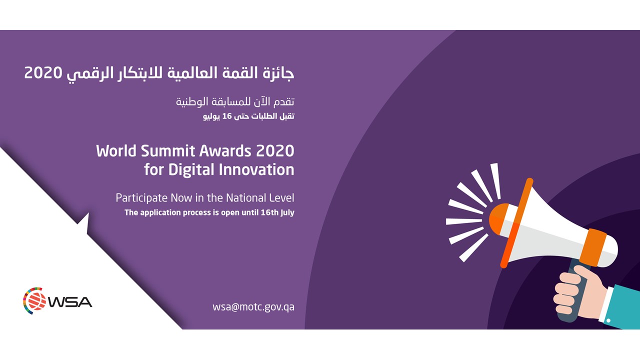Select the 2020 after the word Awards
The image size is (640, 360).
[275, 151]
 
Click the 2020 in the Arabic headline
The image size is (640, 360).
[43, 73]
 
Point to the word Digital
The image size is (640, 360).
[191, 169]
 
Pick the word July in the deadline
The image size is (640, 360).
[287, 213]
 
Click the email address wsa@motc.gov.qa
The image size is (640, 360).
[253, 307]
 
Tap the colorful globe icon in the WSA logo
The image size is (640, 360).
[34, 301]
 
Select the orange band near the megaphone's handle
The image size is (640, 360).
[595, 247]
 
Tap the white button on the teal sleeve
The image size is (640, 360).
[608, 320]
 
